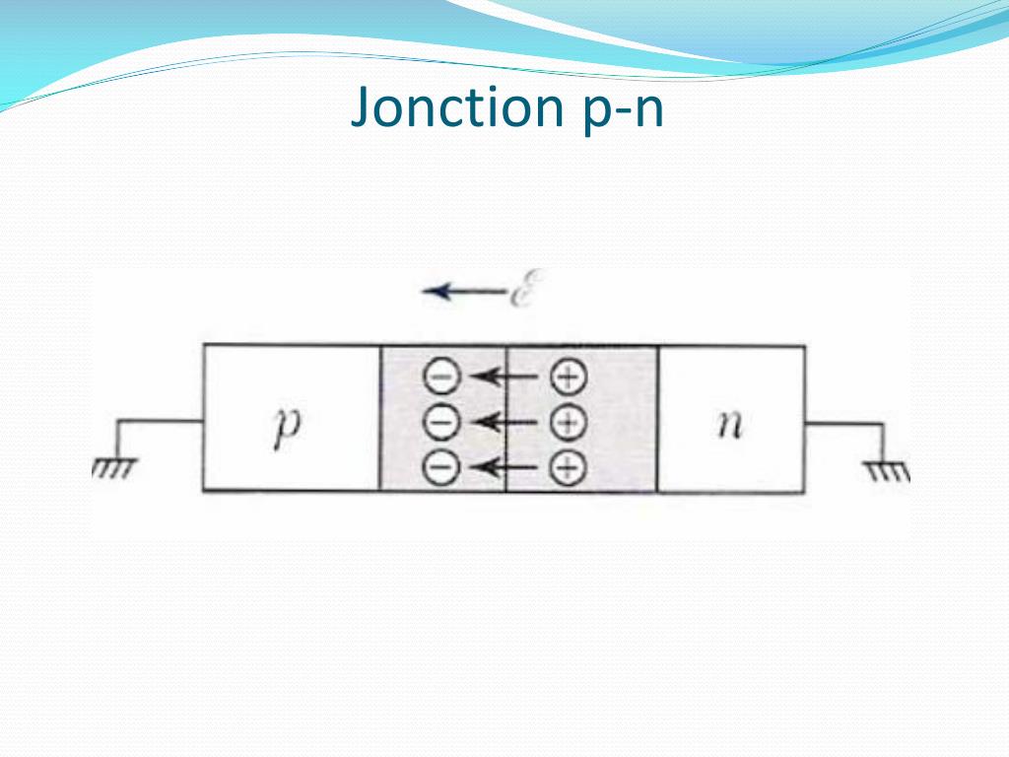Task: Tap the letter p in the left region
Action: (286, 430)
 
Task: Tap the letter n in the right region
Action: (729, 426)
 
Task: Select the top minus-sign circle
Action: (439, 376)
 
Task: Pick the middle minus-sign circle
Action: (439, 422)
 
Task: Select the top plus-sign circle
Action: (567, 376)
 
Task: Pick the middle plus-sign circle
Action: (567, 422)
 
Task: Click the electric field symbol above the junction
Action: (521, 291)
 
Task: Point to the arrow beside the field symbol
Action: (461, 292)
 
